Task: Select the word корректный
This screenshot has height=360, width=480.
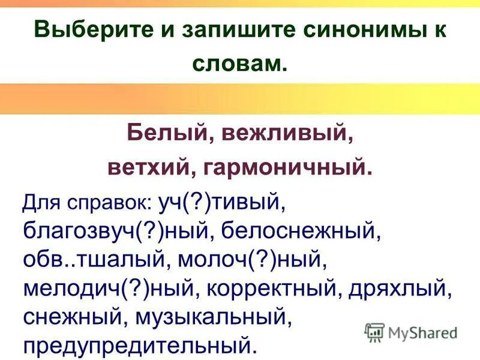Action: click(277, 289)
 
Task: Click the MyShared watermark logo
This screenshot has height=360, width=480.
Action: click(410, 332)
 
